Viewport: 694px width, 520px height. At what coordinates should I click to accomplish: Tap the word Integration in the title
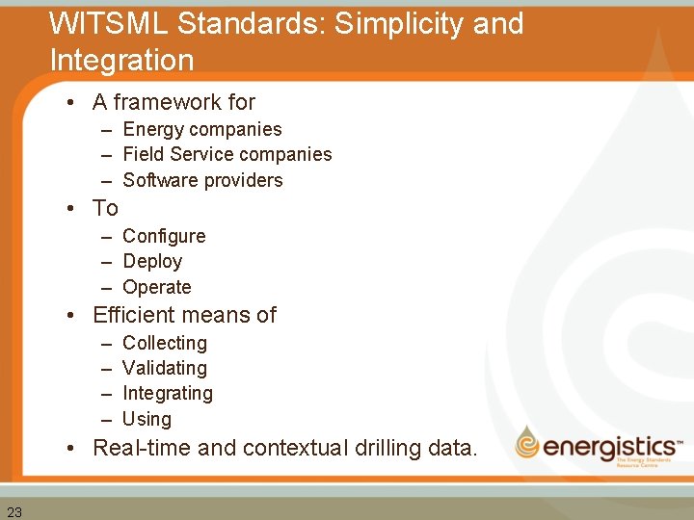pyautogui.click(x=121, y=60)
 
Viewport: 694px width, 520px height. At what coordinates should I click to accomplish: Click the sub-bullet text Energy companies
pyautogui.click(x=202, y=129)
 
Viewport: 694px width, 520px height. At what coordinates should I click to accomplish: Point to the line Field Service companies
pyautogui.click(x=227, y=154)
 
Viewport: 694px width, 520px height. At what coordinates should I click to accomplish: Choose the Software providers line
pyautogui.click(x=202, y=180)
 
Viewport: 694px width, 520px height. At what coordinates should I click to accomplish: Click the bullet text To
pyautogui.click(x=105, y=208)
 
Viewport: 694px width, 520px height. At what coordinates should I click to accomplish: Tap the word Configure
pyautogui.click(x=164, y=236)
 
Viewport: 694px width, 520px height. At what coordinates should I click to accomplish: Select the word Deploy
pyautogui.click(x=152, y=261)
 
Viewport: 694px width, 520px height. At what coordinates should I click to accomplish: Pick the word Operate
pyautogui.click(x=157, y=287)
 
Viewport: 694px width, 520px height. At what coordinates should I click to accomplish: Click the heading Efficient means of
pyautogui.click(x=184, y=315)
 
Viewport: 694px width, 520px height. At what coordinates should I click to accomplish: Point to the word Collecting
pyautogui.click(x=165, y=343)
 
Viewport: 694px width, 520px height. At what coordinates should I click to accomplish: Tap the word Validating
pyautogui.click(x=165, y=368)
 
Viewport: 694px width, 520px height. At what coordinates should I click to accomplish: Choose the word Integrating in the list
pyautogui.click(x=168, y=393)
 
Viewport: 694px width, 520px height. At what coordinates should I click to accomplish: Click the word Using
pyautogui.click(x=147, y=419)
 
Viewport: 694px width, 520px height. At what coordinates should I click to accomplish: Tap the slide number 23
pyautogui.click(x=14, y=511)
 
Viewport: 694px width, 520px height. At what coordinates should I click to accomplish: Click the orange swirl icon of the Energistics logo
pyautogui.click(x=527, y=443)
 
